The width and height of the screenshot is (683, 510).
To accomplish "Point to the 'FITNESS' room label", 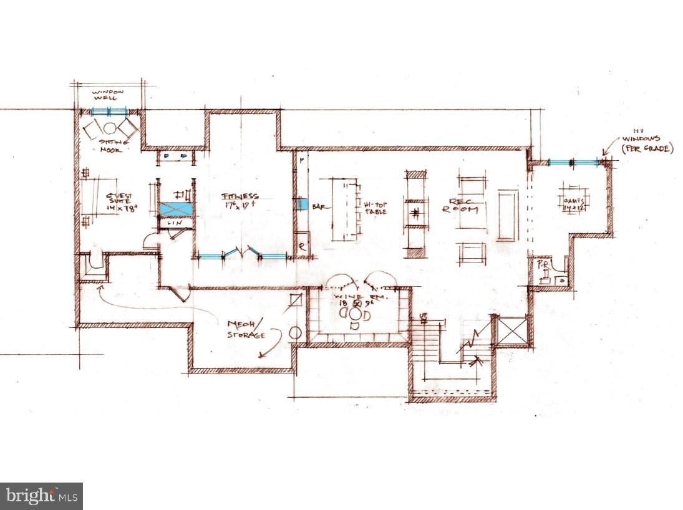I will click(241, 198).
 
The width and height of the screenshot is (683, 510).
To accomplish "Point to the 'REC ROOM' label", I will click(460, 205).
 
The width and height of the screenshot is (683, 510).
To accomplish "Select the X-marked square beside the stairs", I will click(511, 330).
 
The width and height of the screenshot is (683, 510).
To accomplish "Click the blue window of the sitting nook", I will click(109, 112).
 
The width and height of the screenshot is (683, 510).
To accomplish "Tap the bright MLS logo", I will click(41, 496).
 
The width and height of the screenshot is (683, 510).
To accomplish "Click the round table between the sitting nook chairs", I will click(110, 128).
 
